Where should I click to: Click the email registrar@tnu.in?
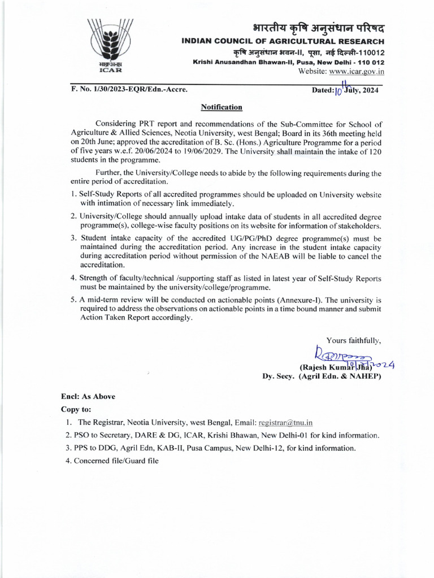[285, 422]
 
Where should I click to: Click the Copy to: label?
[76, 409]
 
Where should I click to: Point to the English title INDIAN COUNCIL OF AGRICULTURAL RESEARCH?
[283, 41]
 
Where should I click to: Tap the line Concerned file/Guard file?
[112, 461]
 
